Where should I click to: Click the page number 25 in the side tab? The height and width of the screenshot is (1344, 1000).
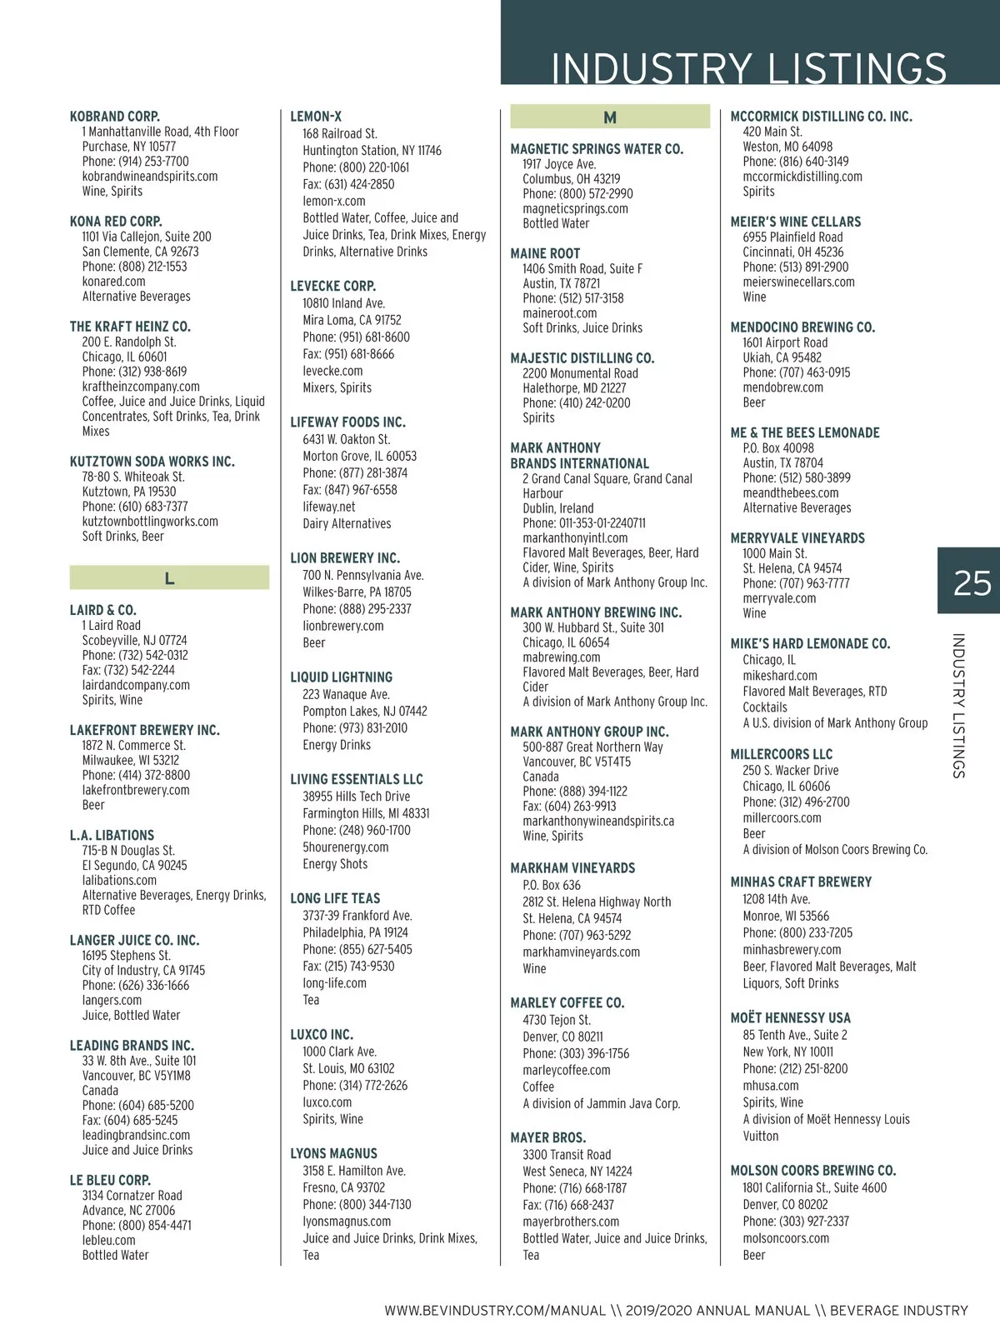(972, 582)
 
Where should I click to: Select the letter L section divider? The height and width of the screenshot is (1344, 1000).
(169, 578)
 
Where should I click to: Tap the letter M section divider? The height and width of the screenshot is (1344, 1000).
(609, 117)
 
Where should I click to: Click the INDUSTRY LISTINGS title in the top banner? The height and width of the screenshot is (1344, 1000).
(748, 68)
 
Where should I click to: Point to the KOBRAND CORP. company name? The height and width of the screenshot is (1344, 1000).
(115, 117)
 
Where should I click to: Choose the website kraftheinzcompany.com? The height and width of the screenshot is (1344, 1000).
(141, 387)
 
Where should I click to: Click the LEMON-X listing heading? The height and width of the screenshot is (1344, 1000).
(316, 117)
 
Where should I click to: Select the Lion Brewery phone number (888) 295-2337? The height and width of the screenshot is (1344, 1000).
(357, 609)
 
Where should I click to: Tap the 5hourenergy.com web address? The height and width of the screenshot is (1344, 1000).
(345, 847)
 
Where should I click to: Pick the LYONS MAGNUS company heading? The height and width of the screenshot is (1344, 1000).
(333, 1153)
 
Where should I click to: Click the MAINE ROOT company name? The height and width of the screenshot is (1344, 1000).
(545, 253)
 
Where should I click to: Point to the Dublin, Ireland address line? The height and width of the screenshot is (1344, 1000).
(558, 508)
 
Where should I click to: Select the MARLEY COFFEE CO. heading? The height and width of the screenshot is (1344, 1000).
(567, 1002)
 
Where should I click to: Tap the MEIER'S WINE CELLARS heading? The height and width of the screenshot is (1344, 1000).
(796, 222)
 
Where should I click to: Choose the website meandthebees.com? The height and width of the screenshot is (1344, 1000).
(791, 492)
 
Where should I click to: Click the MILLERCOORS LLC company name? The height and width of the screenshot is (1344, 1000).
(782, 754)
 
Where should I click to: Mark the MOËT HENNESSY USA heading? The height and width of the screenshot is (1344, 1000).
(791, 1017)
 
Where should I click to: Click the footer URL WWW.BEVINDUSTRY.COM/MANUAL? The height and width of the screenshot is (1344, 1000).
(495, 1311)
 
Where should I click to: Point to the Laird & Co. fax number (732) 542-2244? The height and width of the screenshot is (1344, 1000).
(128, 670)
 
